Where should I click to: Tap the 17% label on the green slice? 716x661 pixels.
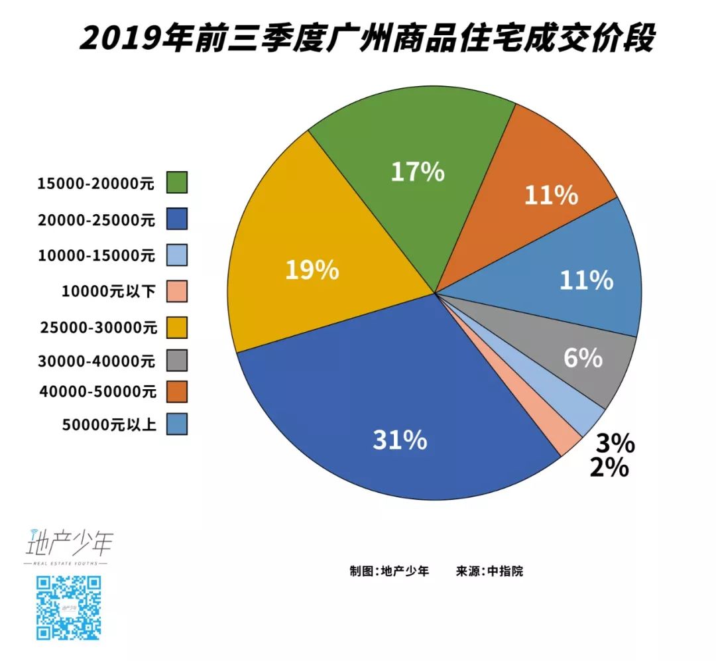pyautogui.click(x=417, y=172)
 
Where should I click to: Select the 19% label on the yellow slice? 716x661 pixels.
pyautogui.click(x=312, y=270)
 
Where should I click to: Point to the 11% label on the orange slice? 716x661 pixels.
pyautogui.click(x=551, y=196)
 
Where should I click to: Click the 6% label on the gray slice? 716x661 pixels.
pyautogui.click(x=583, y=359)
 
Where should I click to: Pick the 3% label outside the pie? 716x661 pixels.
pyautogui.click(x=615, y=443)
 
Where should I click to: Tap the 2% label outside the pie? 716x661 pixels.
pyautogui.click(x=609, y=467)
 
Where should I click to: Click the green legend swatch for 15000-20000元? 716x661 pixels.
pyautogui.click(x=177, y=182)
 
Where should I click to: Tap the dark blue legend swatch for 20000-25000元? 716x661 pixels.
pyautogui.click(x=177, y=218)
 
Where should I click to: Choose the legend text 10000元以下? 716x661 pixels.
pyautogui.click(x=108, y=290)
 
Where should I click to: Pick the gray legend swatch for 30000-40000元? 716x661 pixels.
pyautogui.click(x=177, y=361)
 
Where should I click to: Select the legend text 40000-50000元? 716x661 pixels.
pyautogui.click(x=97, y=392)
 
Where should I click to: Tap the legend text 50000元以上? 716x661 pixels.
pyautogui.click(x=108, y=425)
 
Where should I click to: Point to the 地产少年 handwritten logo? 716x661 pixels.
pyautogui.click(x=68, y=544)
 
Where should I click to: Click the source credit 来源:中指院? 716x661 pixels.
pyautogui.click(x=489, y=571)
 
